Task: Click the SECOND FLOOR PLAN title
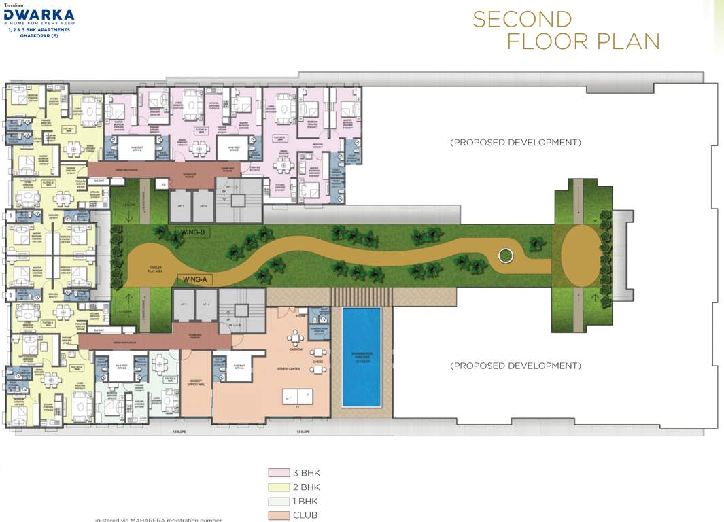tap(566, 31)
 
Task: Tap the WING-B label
tap(193, 232)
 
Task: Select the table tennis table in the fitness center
tap(298, 395)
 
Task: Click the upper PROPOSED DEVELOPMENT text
tap(515, 143)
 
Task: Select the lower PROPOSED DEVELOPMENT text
tap(515, 366)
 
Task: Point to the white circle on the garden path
tap(504, 256)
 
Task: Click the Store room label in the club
tap(298, 315)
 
